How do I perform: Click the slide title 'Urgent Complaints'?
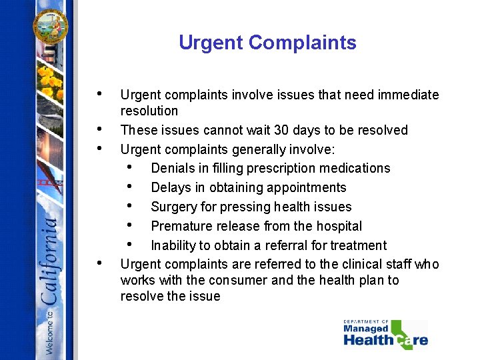pos(267,43)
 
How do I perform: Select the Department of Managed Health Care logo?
pos(385,333)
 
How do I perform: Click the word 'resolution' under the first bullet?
pos(149,111)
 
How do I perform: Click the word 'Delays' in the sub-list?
pos(170,187)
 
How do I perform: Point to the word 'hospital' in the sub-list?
pos(337,226)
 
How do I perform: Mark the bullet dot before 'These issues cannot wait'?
pos(99,129)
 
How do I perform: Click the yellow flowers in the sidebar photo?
pos(49,84)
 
